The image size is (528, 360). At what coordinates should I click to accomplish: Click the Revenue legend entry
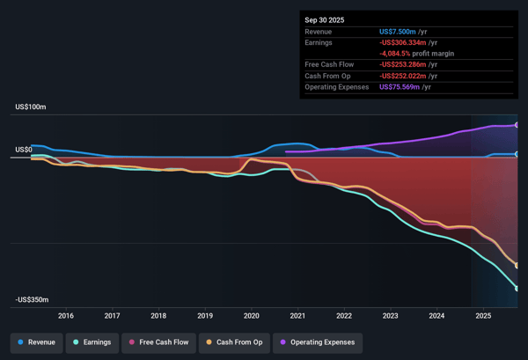pos(36,342)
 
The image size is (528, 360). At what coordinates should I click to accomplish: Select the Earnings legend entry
pos(92,342)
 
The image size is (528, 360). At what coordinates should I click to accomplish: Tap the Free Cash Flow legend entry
pos(159,342)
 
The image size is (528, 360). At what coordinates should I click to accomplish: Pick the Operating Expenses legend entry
pos(319,342)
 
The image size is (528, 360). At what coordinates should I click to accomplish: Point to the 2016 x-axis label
pos(65,315)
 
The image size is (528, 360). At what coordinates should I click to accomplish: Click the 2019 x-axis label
pos(205,315)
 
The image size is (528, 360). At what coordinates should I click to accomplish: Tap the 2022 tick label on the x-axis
pos(344,315)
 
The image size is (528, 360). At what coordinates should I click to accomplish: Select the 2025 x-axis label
pos(483,315)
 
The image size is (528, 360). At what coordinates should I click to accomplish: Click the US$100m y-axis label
pos(31,107)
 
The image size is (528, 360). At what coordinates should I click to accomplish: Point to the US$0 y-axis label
pos(24,150)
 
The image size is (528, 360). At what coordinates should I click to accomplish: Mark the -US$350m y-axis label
pos(32,300)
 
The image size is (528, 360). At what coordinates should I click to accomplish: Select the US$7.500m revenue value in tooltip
pos(404,32)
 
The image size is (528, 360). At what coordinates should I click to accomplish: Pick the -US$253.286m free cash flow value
pos(410,65)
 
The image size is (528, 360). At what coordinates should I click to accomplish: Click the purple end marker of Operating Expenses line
pos(517,125)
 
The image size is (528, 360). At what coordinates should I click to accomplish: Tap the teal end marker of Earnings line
pos(517,289)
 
